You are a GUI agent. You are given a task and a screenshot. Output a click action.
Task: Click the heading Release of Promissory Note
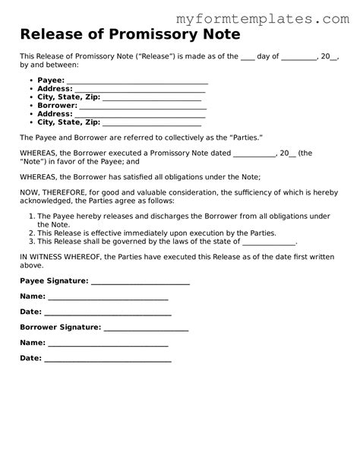coord(131,34)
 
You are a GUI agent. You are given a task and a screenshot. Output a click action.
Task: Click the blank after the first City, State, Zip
coord(151,97)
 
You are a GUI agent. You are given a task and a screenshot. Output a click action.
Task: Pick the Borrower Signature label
coord(60,327)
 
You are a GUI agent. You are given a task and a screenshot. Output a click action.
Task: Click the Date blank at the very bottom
coord(107,358)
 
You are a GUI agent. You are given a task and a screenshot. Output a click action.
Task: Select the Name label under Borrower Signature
coord(32,343)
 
